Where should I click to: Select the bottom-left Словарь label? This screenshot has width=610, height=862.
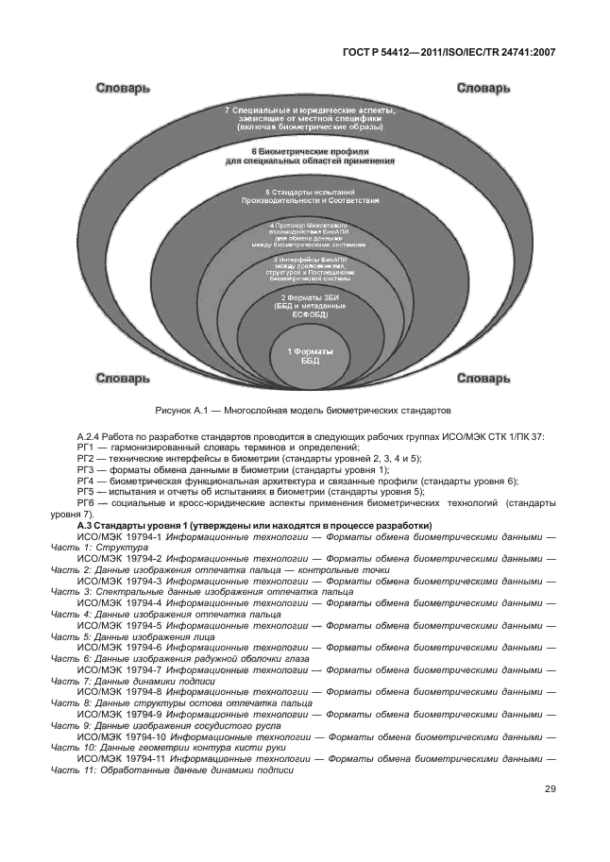(121, 378)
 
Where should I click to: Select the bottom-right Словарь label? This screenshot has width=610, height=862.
(484, 378)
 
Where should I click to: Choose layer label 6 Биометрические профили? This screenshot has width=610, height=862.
(303, 156)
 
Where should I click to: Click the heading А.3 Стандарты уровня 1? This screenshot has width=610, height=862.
(255, 525)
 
